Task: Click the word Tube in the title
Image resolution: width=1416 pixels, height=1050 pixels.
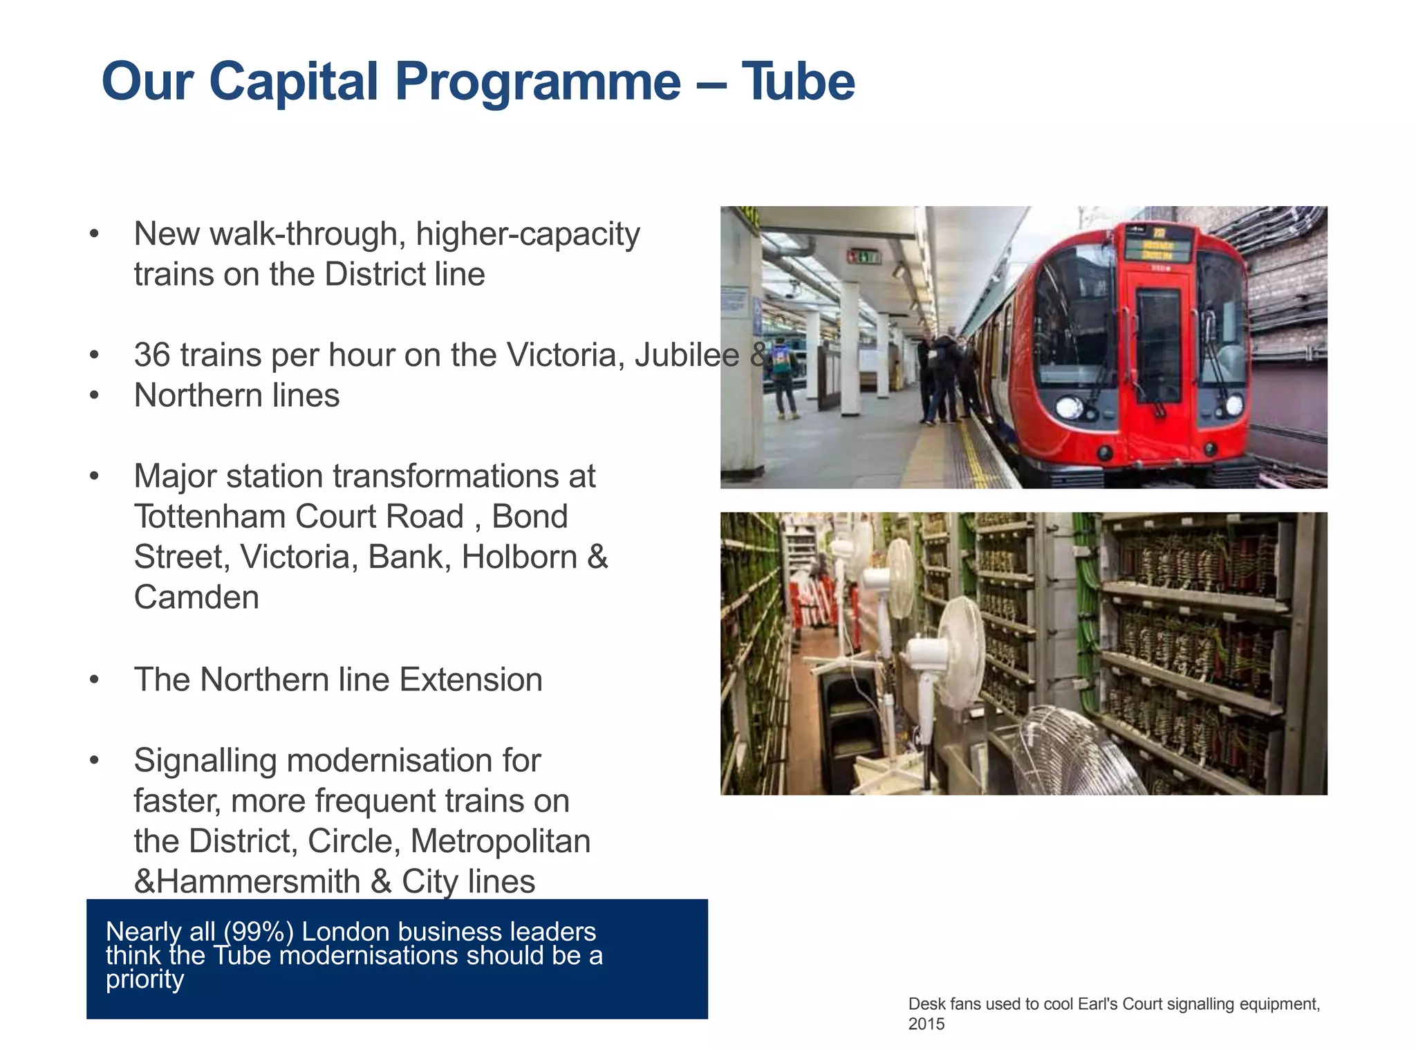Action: click(798, 82)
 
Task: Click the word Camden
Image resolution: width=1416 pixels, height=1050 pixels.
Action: click(196, 597)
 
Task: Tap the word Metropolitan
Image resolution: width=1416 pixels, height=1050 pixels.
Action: click(501, 841)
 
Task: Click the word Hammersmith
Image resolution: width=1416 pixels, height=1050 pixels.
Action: click(259, 881)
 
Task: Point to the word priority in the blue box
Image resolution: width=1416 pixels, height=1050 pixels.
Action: click(145, 979)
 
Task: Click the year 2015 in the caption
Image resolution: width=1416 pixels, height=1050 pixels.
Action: click(926, 1024)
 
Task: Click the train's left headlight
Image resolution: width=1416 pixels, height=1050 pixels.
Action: click(1069, 407)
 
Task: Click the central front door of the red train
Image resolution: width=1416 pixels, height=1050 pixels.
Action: click(1158, 346)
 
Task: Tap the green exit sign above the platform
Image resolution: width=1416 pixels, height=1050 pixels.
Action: click(864, 257)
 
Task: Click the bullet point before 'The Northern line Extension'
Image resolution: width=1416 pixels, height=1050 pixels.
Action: click(95, 679)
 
